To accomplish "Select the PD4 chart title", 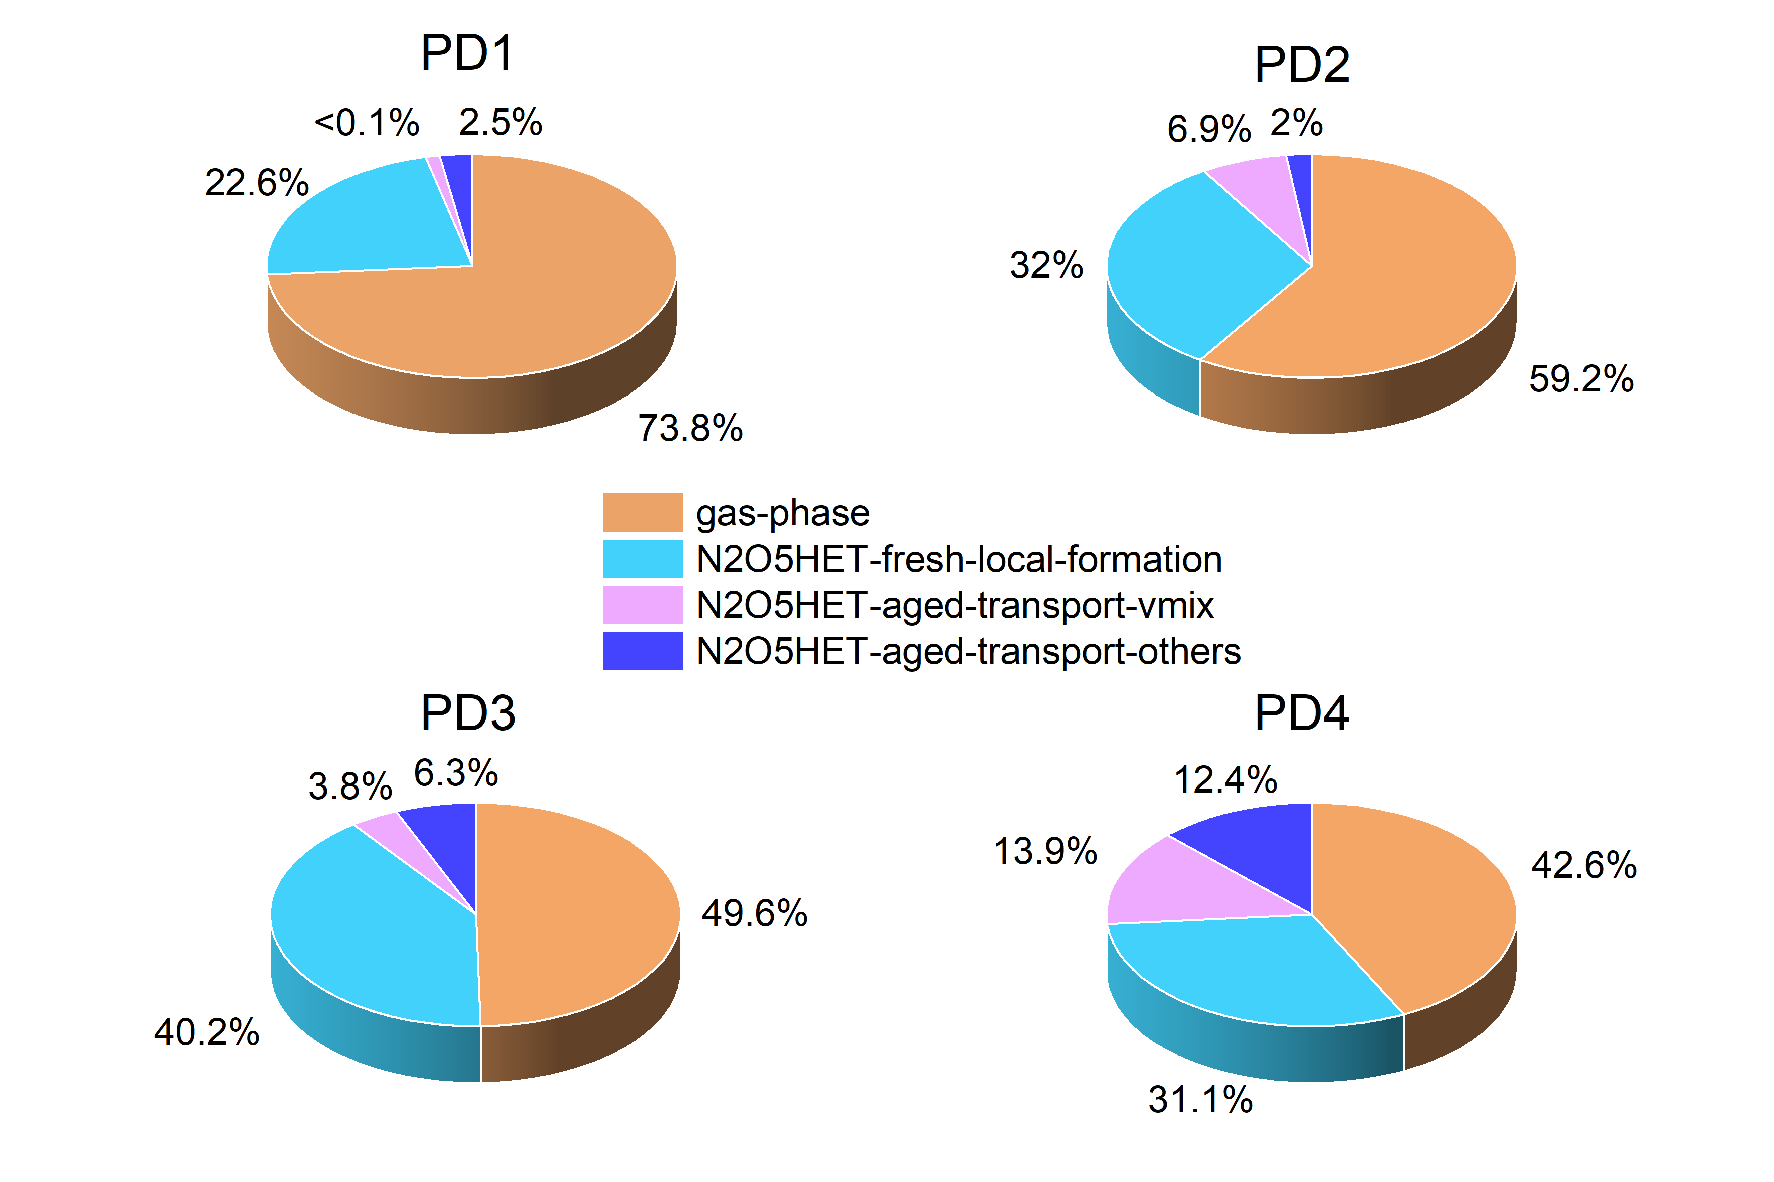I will point(1301,713).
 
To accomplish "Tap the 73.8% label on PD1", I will point(690,428).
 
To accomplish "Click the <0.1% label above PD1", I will point(367,122).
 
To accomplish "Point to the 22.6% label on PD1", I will point(256,182).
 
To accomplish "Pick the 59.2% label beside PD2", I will point(1581,378).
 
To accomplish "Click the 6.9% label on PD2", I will point(1209,129).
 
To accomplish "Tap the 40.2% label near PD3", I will point(207,1032).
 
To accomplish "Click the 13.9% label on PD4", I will point(1045,851).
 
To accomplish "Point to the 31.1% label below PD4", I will point(1200,1100).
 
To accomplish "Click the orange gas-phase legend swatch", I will point(642,513).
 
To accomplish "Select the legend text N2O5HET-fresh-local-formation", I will point(958,559).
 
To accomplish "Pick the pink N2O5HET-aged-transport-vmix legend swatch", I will point(642,605).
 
